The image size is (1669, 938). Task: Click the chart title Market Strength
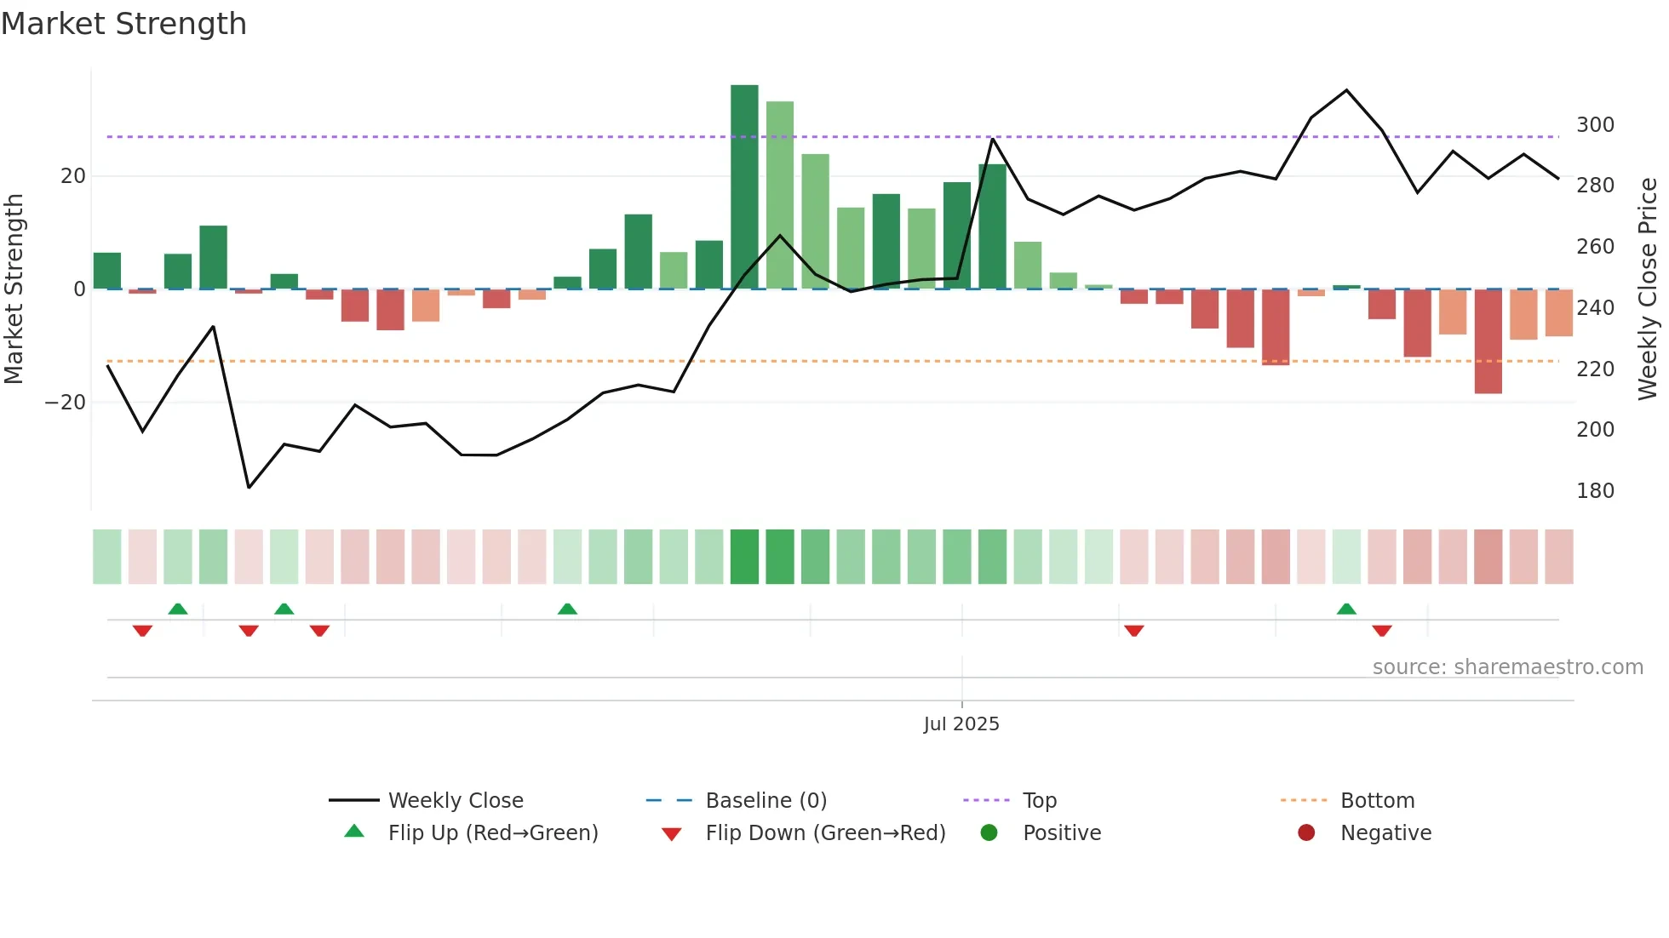coord(123,24)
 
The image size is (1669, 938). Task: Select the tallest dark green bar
coord(744,187)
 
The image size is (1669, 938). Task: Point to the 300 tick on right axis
coord(1595,125)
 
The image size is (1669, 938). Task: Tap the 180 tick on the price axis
coord(1595,491)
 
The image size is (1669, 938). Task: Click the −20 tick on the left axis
coord(66,403)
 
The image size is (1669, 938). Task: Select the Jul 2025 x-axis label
coord(961,724)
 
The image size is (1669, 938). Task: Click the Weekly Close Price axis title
coord(1648,289)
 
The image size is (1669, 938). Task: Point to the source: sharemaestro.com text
coord(1507,667)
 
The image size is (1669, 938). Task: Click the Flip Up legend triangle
coord(354,832)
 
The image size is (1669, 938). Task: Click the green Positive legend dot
coord(989,832)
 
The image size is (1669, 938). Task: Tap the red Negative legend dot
coord(1306,832)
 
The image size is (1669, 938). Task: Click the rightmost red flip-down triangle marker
coord(1382,630)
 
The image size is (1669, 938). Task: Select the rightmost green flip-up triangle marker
coord(1346,609)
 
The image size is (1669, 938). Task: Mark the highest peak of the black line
coord(1346,90)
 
